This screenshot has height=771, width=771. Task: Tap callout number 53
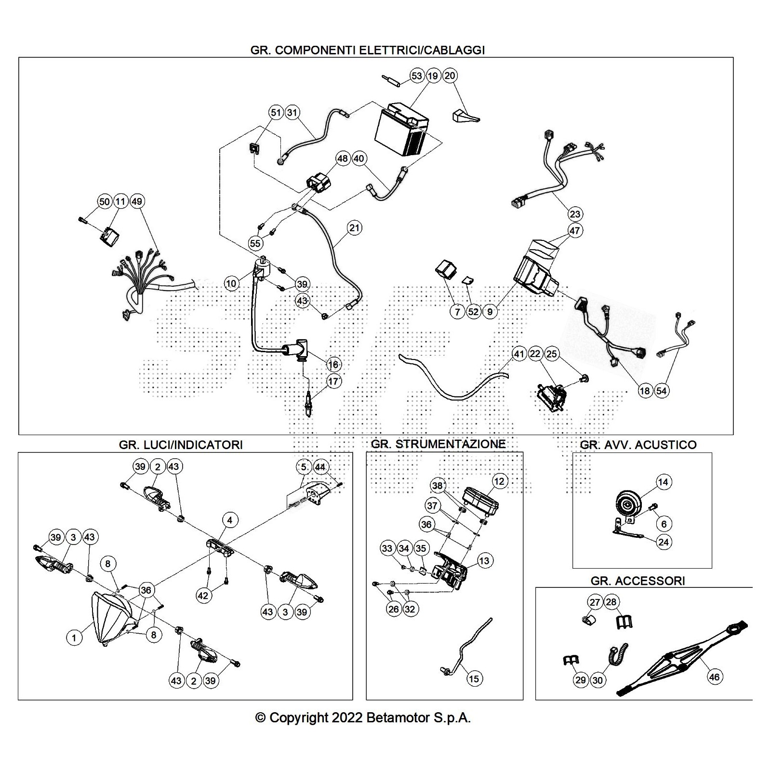pos(417,76)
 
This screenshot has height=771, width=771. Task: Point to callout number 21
pos(355,228)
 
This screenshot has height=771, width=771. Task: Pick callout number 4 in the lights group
pos(230,520)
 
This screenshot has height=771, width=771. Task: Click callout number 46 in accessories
pos(714,677)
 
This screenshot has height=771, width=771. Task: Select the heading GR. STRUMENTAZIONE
pos(439,444)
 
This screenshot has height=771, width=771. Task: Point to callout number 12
pos(499,481)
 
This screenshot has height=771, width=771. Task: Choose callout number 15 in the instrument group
pos(474,678)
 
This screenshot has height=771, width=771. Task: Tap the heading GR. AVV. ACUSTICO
pos(638,444)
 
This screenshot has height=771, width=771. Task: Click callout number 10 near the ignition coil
pos(231,283)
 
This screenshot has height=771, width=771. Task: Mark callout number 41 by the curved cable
pos(518,354)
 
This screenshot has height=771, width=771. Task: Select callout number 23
pos(575,213)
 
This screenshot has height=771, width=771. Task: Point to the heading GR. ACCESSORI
pos(638,581)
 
